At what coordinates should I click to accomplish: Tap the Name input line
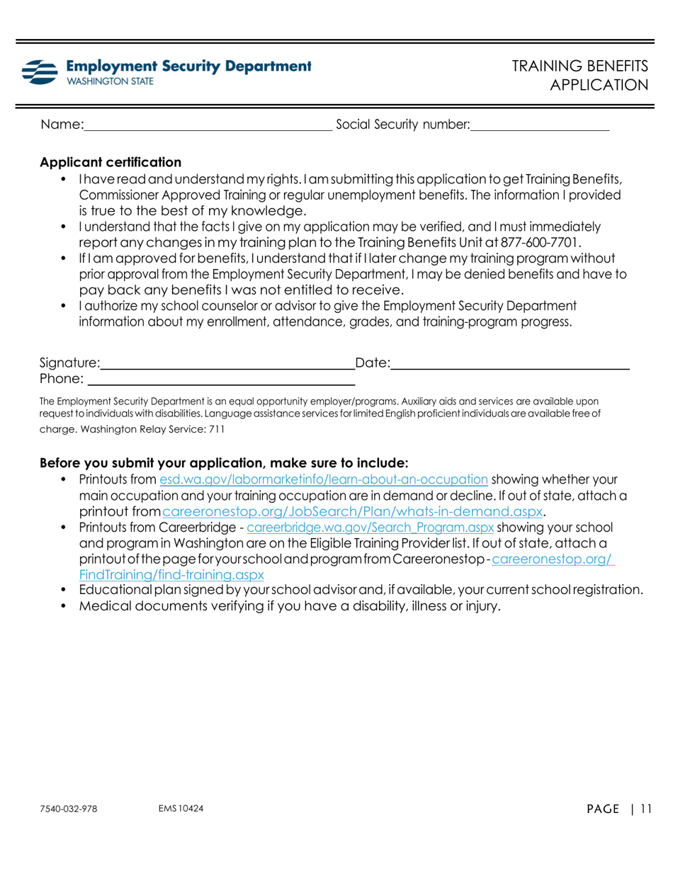(x=208, y=126)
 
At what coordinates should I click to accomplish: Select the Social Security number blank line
(x=540, y=126)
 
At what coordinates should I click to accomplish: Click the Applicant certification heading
(x=111, y=162)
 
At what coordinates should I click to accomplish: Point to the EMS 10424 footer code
(x=181, y=809)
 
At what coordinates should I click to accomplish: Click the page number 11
(x=644, y=809)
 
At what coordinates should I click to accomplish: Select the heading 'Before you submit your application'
(x=224, y=463)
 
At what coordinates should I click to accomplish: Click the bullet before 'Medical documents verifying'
(x=65, y=606)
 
